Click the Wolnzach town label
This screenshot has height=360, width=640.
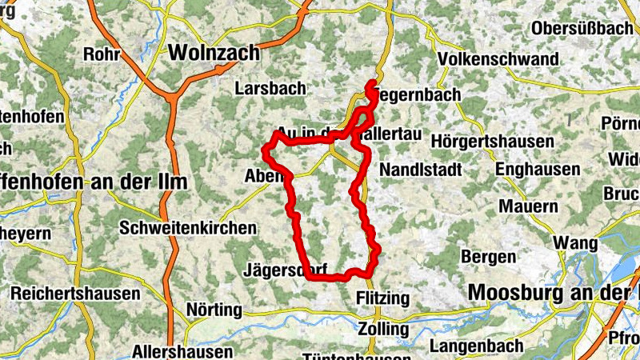coord(214,53)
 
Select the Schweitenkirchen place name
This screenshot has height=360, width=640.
coord(187,228)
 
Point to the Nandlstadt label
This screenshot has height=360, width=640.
coord(422,170)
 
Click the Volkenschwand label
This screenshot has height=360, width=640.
coord(498,59)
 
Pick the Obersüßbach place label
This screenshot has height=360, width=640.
coord(582,28)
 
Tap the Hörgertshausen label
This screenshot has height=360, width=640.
coord(492,141)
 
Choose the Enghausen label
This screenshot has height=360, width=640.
coord(537,170)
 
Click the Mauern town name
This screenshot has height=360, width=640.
coord(528,206)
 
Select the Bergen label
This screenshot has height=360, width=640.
coord(489,257)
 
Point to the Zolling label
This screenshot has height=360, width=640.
coord(384,329)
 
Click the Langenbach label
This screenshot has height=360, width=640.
coord(477,346)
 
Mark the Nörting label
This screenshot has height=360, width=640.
coord(214,310)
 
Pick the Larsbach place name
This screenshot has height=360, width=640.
coord(270,89)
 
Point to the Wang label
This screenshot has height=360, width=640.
coord(574,242)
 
